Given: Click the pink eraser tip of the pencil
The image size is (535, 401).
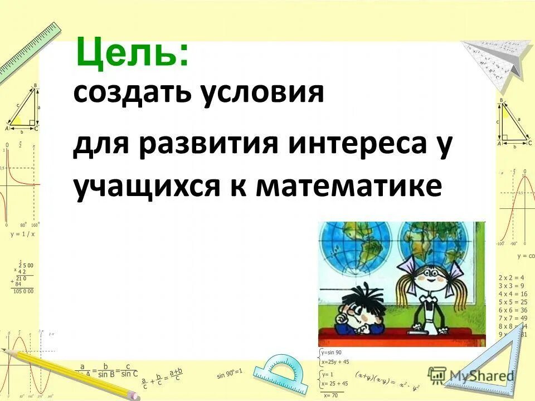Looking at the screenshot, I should (x=134, y=394).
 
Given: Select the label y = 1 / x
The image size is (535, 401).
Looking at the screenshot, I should (x=23, y=234).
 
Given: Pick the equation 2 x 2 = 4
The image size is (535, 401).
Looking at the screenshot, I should (x=513, y=277).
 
